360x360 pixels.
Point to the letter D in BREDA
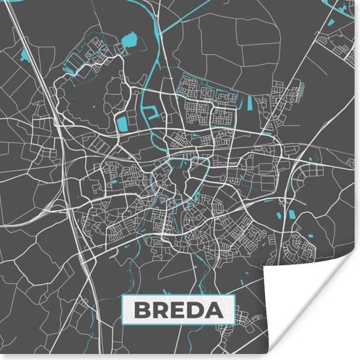196,309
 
